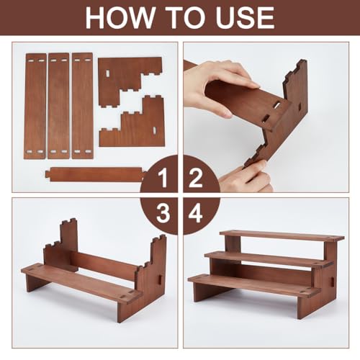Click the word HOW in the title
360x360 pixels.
[120, 17]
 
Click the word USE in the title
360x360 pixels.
[246, 17]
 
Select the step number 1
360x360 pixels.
[163, 178]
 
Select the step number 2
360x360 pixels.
[196, 178]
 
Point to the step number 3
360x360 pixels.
[163, 213]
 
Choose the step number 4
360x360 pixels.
[195, 213]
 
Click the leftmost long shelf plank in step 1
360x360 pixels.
[35, 106]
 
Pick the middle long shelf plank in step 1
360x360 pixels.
[58, 106]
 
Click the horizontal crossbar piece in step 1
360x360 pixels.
[95, 174]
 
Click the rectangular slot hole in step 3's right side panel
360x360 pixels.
[160, 279]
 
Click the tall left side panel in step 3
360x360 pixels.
[61, 245]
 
